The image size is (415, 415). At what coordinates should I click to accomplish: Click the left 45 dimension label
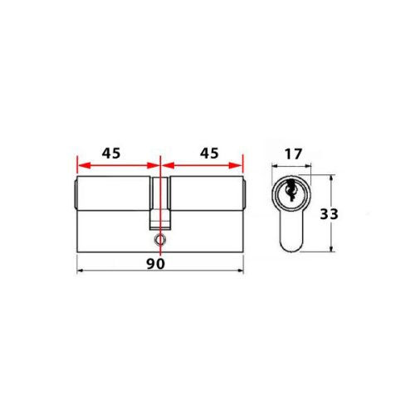tap(110, 154)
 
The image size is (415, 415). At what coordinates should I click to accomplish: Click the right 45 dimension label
tap(209, 154)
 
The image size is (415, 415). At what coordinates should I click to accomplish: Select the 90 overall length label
tap(154, 263)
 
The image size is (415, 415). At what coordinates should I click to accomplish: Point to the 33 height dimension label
tap(329, 213)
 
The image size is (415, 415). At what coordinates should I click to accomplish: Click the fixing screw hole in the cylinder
tap(159, 239)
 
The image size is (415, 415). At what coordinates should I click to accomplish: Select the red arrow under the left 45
tap(116, 164)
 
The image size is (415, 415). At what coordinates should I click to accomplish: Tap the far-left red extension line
tap(76, 166)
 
